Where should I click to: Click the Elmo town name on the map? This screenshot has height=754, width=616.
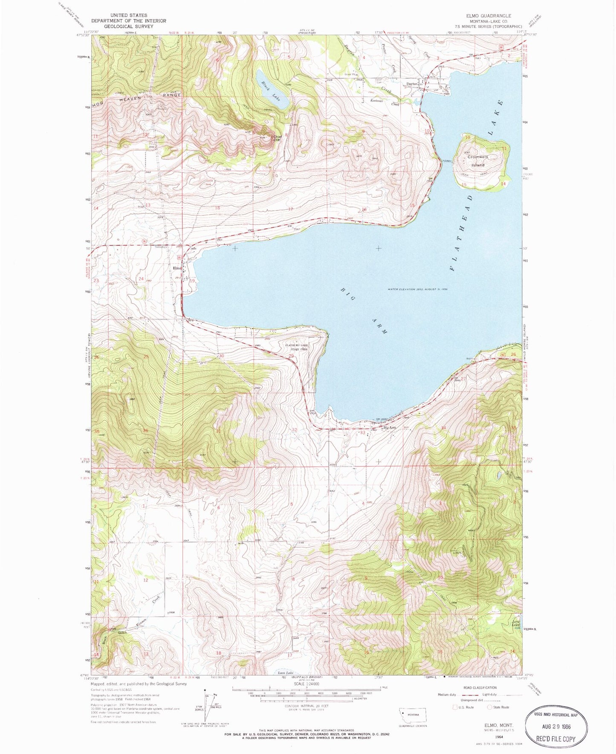pyautogui.click(x=177, y=268)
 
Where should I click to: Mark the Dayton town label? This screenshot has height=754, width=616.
pyautogui.click(x=411, y=84)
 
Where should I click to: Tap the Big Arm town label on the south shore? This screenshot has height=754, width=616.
pyautogui.click(x=390, y=428)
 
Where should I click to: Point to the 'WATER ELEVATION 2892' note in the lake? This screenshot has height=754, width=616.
pyautogui.click(x=417, y=289)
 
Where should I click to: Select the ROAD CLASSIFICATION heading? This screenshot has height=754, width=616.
pyautogui.click(x=480, y=687)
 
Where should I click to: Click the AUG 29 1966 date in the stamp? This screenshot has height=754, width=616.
pyautogui.click(x=556, y=727)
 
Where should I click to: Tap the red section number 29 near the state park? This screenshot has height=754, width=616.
pyautogui.click(x=291, y=356)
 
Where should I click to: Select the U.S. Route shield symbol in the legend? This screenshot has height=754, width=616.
pyautogui.click(x=455, y=707)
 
